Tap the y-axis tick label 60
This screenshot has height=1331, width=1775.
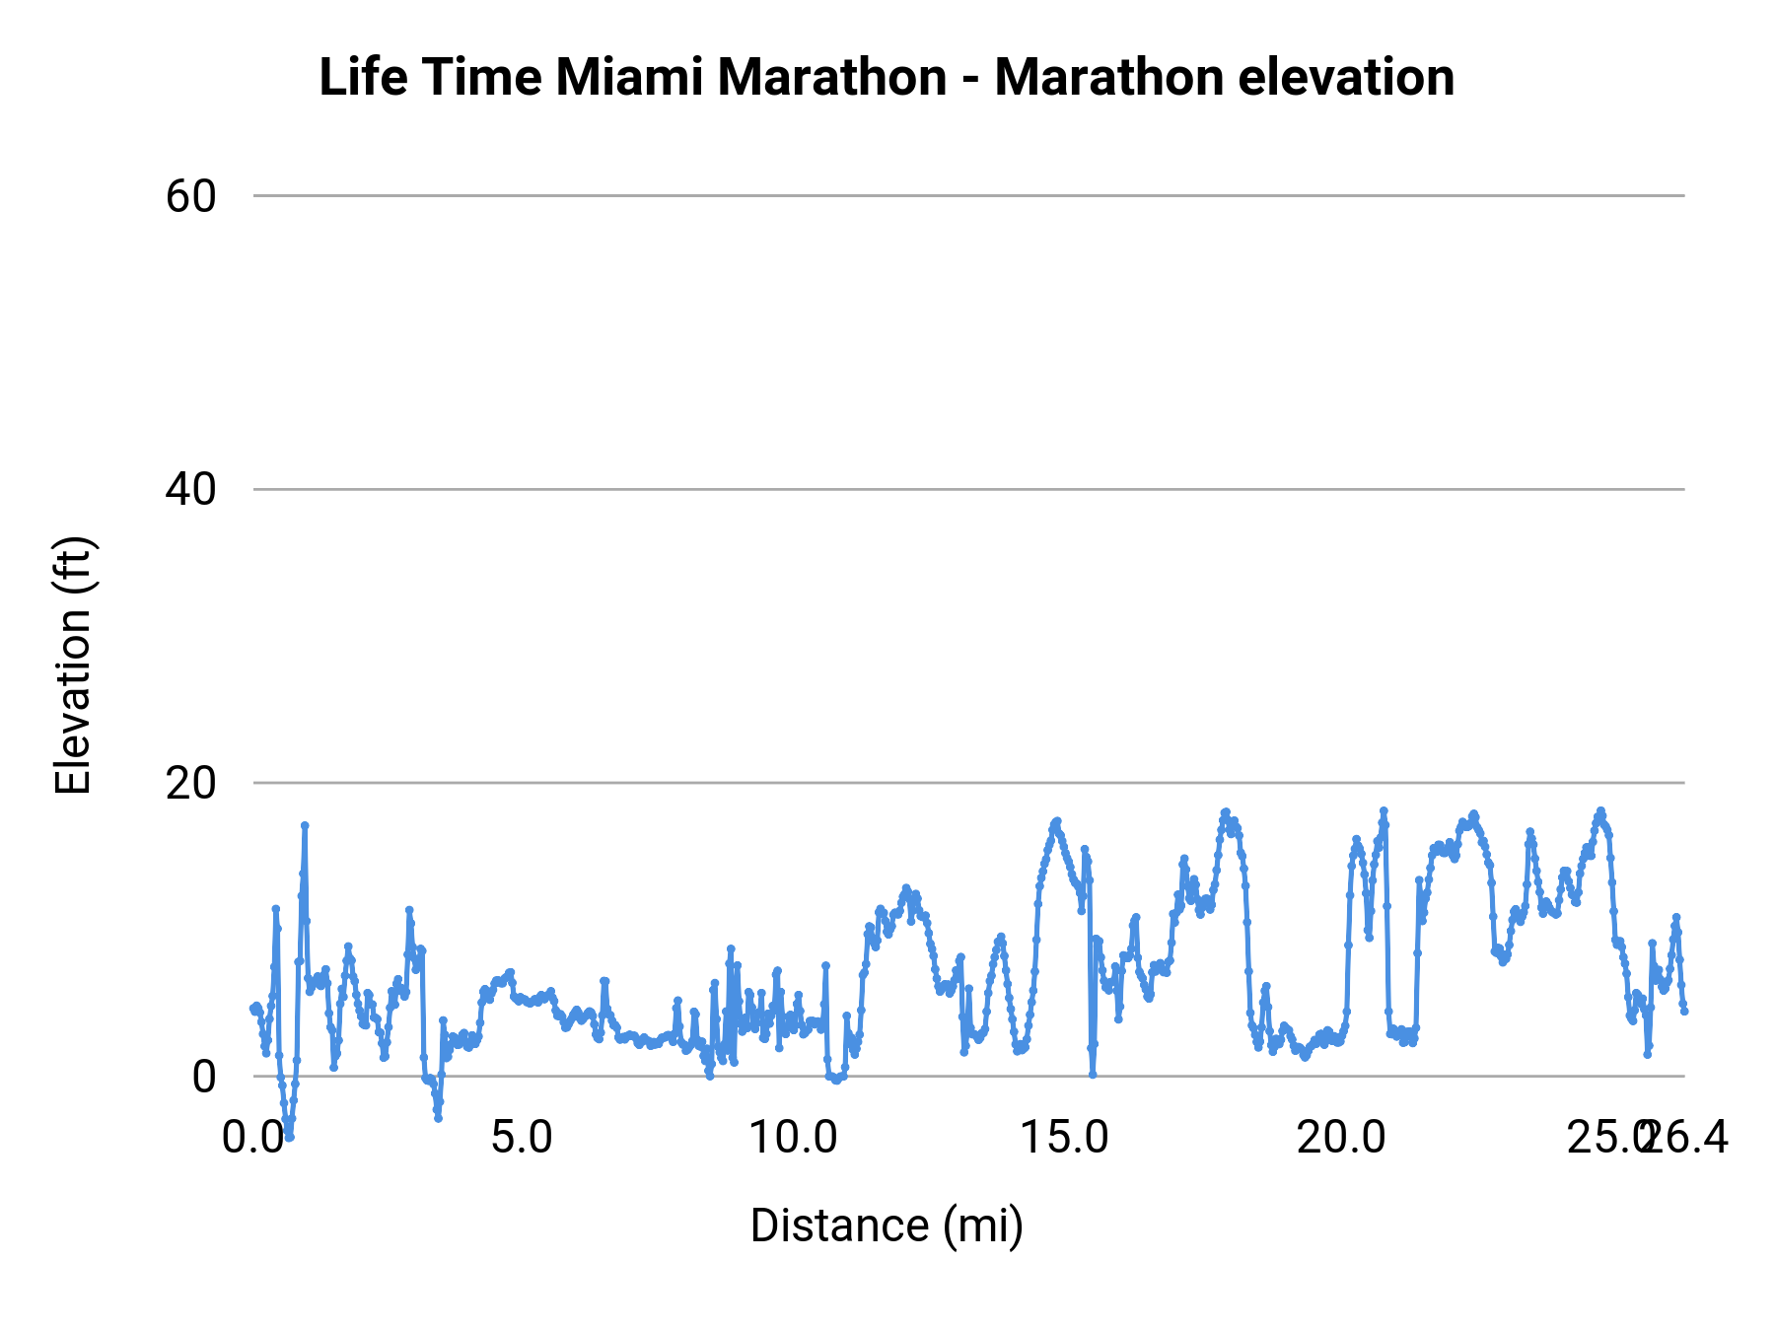tap(190, 196)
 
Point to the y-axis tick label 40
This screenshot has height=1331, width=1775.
tap(190, 489)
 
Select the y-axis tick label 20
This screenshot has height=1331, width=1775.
tap(190, 783)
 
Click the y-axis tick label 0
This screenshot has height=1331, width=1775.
tap(203, 1076)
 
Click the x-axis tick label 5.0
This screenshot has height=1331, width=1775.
tap(522, 1138)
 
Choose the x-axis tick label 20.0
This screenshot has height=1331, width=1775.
tap(1340, 1138)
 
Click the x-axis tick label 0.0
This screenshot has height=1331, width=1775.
tap(252, 1138)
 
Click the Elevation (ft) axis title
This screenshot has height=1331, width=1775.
tap(72, 665)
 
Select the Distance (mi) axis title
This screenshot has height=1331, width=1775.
tap(887, 1226)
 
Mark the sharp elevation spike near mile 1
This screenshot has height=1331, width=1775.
tap(305, 825)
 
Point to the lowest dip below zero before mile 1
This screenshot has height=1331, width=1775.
tap(289, 1136)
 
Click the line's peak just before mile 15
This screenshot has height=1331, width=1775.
tap(1056, 821)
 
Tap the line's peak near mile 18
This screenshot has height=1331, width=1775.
tap(1226, 812)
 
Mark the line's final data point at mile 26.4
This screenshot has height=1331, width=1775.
tap(1684, 1011)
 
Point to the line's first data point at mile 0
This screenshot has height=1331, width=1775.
tap(253, 1008)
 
